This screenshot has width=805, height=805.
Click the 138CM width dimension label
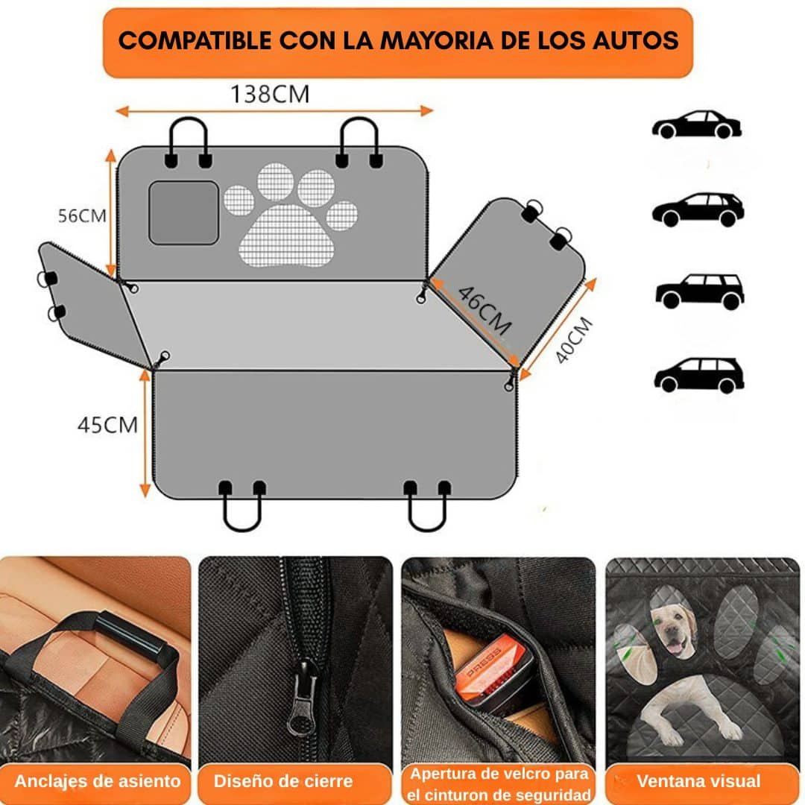pos(270,94)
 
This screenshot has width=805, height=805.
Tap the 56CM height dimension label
pos(82,215)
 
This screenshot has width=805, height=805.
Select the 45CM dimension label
pos(108,425)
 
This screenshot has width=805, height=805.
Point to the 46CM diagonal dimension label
pos(484,311)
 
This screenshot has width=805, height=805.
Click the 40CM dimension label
pos(575,339)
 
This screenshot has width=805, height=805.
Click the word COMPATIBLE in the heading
pos(195,40)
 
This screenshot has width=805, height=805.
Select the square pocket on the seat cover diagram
pos(184,212)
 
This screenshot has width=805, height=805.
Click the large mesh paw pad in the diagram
pos(286,236)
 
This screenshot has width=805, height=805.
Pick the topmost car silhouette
pos(697,124)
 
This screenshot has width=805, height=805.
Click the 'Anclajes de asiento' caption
pos(98,781)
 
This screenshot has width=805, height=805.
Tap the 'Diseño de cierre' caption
pos(283,781)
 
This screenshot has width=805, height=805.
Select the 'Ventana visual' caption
pos(698,781)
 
